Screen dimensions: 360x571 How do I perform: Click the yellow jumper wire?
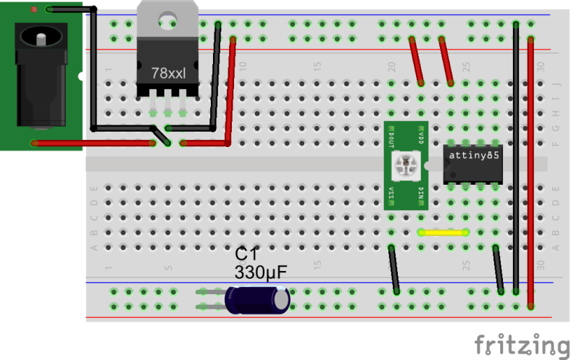pos(443,233)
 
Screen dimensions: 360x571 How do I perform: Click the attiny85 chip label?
pos(472,155)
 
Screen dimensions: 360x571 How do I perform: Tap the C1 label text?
pos(246,254)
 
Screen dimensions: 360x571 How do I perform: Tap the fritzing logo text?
pos(521,343)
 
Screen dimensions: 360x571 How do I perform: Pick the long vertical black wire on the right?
pos(515,159)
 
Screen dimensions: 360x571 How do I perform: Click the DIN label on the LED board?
pos(421,192)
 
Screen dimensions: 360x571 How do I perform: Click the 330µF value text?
pos(260,273)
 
